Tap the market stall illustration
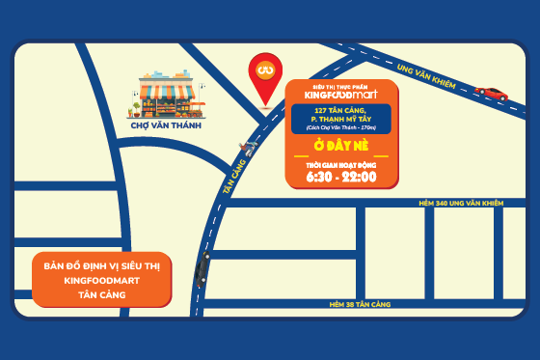[x=172, y=93]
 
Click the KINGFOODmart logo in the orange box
[x=341, y=96]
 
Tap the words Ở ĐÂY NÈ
[x=340, y=146]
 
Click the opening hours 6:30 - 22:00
[x=340, y=177]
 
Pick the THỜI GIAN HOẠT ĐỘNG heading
[x=340, y=164]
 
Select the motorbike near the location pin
[x=249, y=148]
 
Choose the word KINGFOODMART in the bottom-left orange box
[x=100, y=280]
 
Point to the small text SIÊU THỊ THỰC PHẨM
[x=341, y=86]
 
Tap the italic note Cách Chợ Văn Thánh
[x=340, y=128]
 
